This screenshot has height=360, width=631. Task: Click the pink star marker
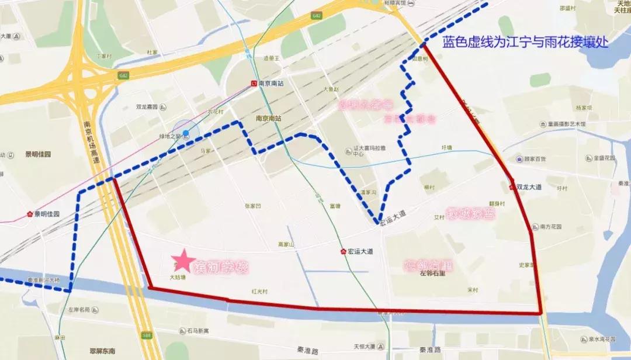183,259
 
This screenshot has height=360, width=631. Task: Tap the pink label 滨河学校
221,268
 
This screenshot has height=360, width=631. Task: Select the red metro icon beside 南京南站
254,84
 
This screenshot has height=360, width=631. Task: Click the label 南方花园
551,227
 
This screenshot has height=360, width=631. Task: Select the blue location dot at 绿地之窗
186,133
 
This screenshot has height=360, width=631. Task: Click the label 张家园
252,206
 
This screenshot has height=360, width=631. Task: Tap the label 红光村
259,291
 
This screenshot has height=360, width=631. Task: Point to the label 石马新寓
198,331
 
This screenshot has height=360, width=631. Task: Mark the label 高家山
286,244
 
